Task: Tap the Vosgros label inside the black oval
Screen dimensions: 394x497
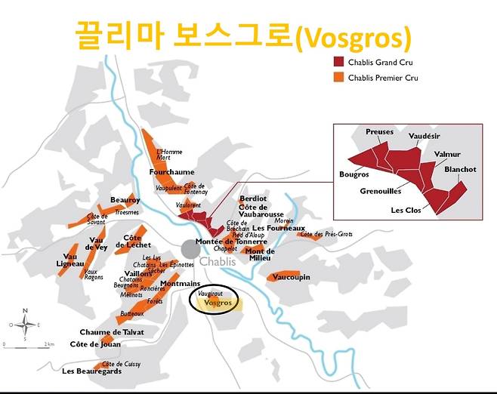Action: pyautogui.click(x=218, y=303)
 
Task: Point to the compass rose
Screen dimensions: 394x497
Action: pyautogui.click(x=25, y=325)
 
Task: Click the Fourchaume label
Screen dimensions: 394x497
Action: pyautogui.click(x=171, y=172)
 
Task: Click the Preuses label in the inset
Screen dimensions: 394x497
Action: pyautogui.click(x=380, y=132)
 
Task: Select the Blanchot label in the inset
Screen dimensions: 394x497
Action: pyautogui.click(x=460, y=170)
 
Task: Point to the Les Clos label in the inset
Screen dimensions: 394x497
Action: pyautogui.click(x=406, y=210)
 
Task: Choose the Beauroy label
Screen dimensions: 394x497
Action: pyautogui.click(x=125, y=200)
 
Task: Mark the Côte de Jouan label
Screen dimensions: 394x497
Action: pyautogui.click(x=95, y=344)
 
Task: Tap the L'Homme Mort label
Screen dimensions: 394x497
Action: pyautogui.click(x=169, y=155)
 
